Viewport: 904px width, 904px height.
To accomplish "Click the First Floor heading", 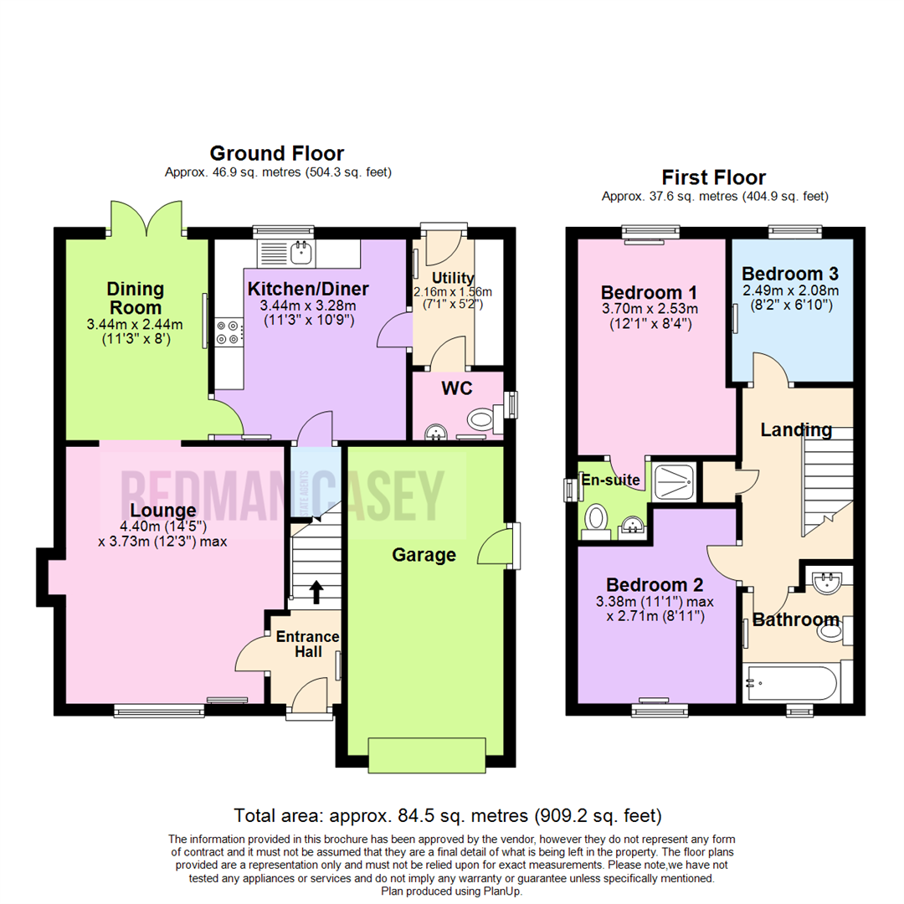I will [x=713, y=177].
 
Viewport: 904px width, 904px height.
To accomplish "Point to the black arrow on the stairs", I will [x=316, y=592].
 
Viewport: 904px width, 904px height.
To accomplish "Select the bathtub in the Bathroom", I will [x=790, y=683].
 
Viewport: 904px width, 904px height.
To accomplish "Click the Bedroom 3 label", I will [x=789, y=274].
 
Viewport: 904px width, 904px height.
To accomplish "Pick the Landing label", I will [x=796, y=430].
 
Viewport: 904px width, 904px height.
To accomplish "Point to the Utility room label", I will [x=453, y=278].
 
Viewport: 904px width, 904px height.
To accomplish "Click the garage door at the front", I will [x=426, y=755].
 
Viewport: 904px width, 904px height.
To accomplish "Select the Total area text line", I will [x=448, y=814].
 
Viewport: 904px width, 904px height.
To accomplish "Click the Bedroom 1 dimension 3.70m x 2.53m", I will [x=650, y=309].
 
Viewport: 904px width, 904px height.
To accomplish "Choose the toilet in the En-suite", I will [x=598, y=519].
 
